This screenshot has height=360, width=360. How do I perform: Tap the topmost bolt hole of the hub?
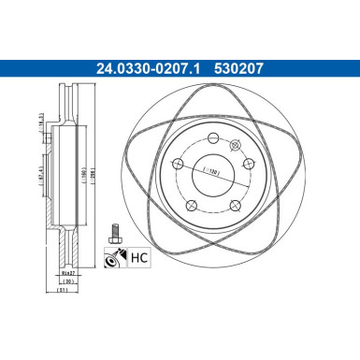214,138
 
